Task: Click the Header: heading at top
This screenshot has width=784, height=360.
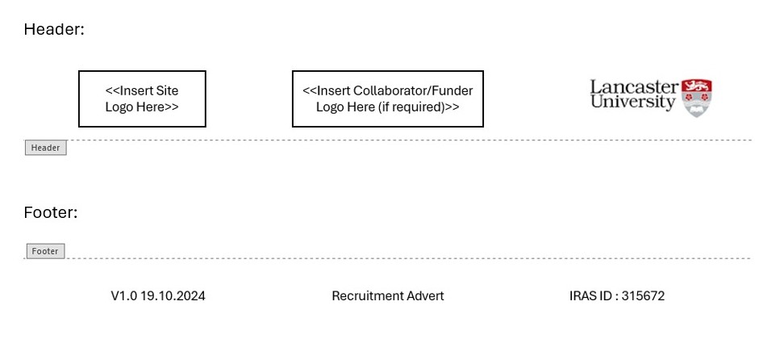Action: [x=54, y=30]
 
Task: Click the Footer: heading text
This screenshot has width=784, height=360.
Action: [x=51, y=213]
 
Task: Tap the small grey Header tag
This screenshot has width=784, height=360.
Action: [x=45, y=148]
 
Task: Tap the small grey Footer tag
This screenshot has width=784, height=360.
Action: [x=44, y=251]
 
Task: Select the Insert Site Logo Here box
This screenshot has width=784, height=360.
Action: [x=142, y=98]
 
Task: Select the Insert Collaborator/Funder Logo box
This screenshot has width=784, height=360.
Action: [x=387, y=98]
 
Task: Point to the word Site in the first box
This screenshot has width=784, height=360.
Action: [x=167, y=90]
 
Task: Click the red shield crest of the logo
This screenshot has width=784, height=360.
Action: [x=696, y=98]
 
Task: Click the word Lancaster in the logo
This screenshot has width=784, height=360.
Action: [x=634, y=87]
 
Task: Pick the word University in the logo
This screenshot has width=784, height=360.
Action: [x=632, y=103]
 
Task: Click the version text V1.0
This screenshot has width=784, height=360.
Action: [x=123, y=296]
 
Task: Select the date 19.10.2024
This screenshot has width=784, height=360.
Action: [x=173, y=296]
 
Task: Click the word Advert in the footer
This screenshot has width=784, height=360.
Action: [x=425, y=296]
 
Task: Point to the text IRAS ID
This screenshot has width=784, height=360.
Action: [x=590, y=296]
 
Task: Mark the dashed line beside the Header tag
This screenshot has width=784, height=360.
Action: [x=403, y=140]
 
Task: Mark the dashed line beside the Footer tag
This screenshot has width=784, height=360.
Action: [x=403, y=258]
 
